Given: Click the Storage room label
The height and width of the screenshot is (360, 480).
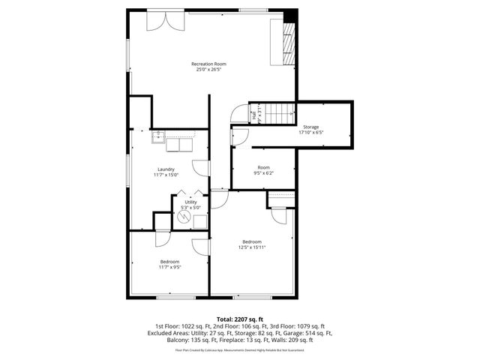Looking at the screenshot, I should (310, 127).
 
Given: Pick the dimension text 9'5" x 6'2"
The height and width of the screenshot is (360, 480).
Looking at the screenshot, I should (264, 173).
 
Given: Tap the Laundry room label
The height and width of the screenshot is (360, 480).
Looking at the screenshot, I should (166, 169).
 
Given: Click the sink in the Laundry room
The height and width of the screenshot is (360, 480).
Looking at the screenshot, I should (159, 136).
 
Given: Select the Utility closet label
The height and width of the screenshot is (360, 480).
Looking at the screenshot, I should (191, 202).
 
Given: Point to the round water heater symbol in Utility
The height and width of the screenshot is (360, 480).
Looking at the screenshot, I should (184, 215).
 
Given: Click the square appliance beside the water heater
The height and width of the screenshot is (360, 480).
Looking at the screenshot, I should (199, 219).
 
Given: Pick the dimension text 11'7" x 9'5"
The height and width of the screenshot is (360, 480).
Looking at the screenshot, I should (169, 267).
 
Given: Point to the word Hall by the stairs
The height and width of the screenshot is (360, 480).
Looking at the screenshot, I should (255, 115).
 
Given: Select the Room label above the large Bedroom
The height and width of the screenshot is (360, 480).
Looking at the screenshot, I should (264, 167).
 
